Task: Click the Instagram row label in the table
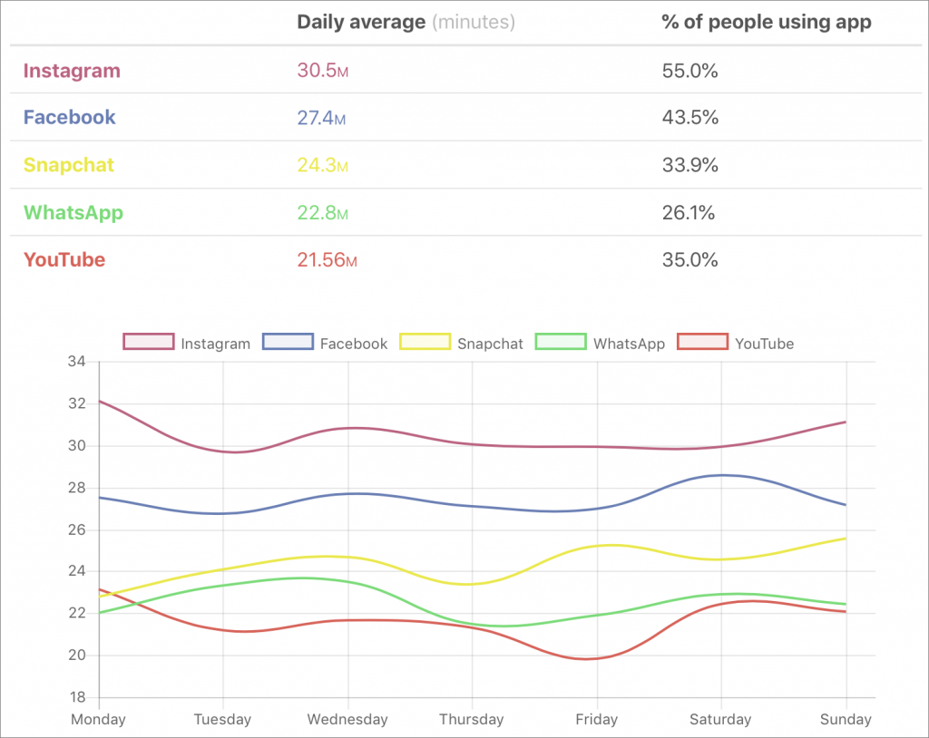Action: [x=72, y=71]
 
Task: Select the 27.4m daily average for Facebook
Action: [x=322, y=118]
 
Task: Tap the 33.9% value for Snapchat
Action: [x=689, y=165]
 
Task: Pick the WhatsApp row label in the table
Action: [x=73, y=213]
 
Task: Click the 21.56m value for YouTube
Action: [x=327, y=260]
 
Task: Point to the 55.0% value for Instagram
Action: [x=689, y=71]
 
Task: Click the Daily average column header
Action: [x=361, y=23]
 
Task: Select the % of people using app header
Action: [x=767, y=23]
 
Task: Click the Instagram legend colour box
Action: [x=148, y=343]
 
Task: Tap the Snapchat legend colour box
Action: [x=425, y=343]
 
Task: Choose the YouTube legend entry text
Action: [x=764, y=344]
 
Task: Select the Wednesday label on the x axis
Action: [x=347, y=720]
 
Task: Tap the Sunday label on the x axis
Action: [x=846, y=720]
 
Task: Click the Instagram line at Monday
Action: [x=100, y=401]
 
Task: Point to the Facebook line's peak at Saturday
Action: [x=722, y=475]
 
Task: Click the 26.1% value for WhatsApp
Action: [x=689, y=213]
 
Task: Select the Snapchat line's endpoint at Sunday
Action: [x=846, y=539]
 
